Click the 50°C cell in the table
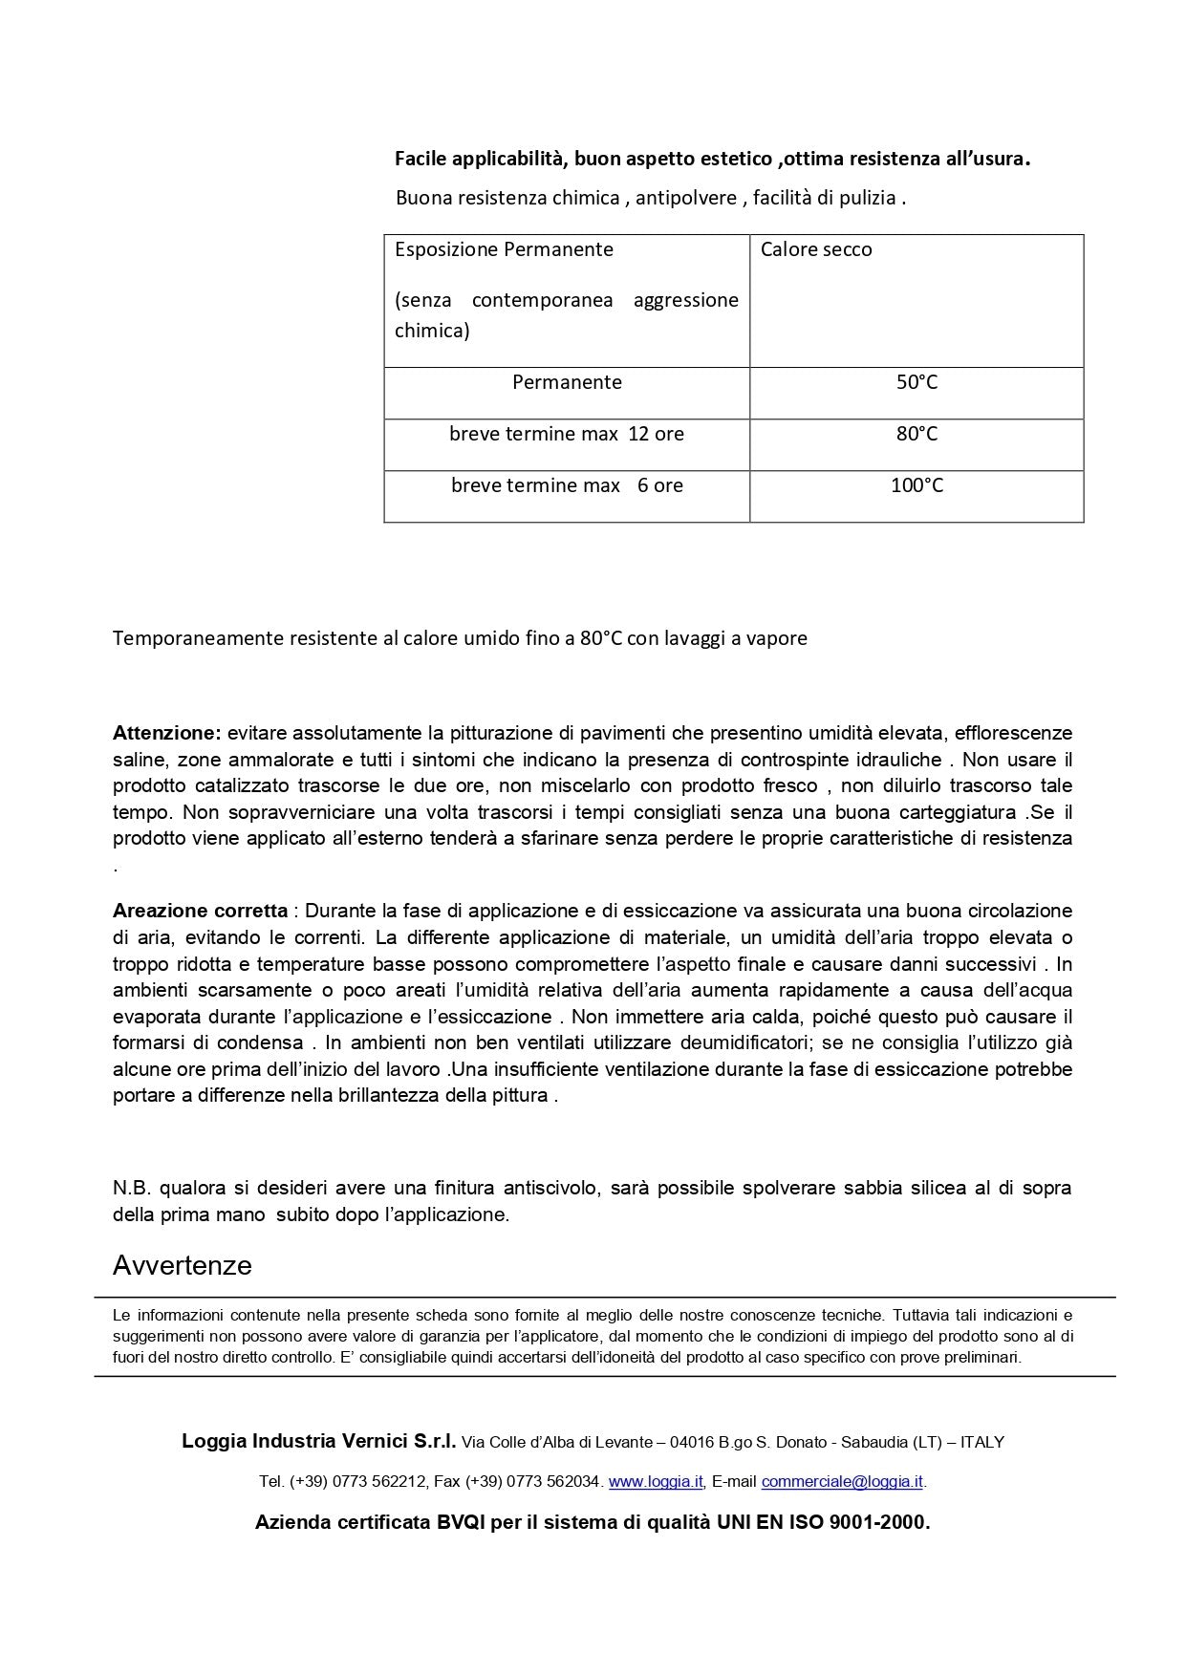pyautogui.click(x=916, y=383)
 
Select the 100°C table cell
pyautogui.click(x=916, y=486)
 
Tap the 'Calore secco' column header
pyautogui.click(x=816, y=250)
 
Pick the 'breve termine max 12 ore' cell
pyautogui.click(x=567, y=435)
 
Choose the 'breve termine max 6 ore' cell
pyautogui.click(x=567, y=486)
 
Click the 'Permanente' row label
pyautogui.click(x=567, y=383)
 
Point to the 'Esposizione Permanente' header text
pyautogui.click(x=504, y=250)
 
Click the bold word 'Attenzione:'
pyautogui.click(x=166, y=734)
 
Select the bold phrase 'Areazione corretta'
pyautogui.click(x=200, y=911)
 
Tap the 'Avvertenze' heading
pyautogui.click(x=183, y=1266)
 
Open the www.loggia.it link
pyautogui.click(x=656, y=1482)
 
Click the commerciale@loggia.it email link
pyautogui.click(x=842, y=1482)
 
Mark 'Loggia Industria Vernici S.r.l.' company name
pyautogui.click(x=319, y=1441)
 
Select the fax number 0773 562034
pyautogui.click(x=553, y=1482)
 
